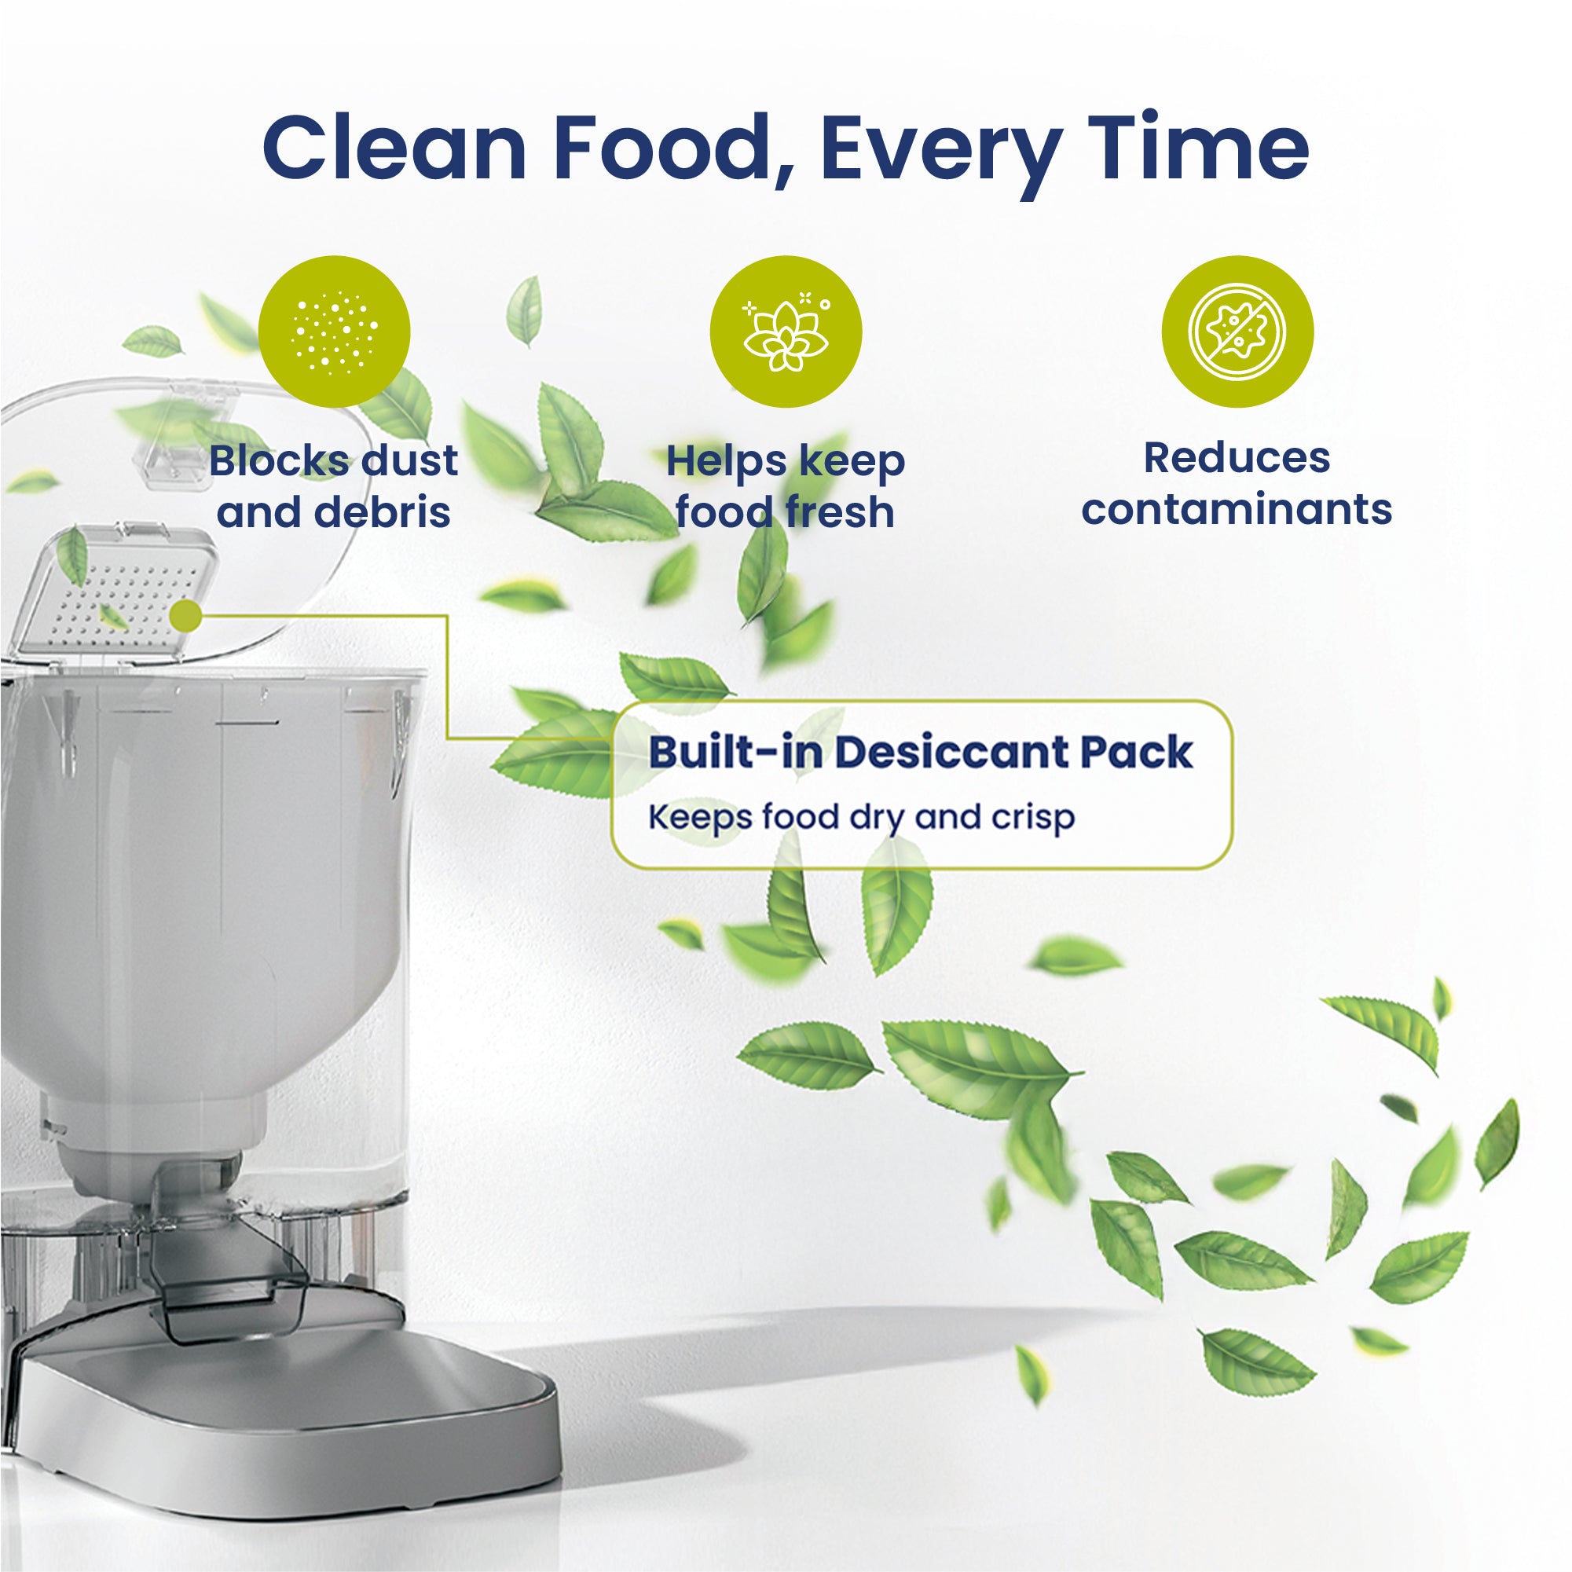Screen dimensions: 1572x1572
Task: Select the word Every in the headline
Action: pos(940,155)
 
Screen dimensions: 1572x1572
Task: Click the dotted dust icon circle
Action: pos(334,332)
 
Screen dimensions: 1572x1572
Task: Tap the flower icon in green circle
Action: pos(785,332)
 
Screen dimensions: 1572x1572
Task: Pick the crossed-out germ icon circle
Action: pos(1237,332)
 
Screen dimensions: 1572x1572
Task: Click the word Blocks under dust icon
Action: pos(280,460)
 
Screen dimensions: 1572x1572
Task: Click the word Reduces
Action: pos(1237,457)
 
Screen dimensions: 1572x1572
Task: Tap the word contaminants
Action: pos(1237,509)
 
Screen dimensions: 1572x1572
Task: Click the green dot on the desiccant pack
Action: pos(187,616)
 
